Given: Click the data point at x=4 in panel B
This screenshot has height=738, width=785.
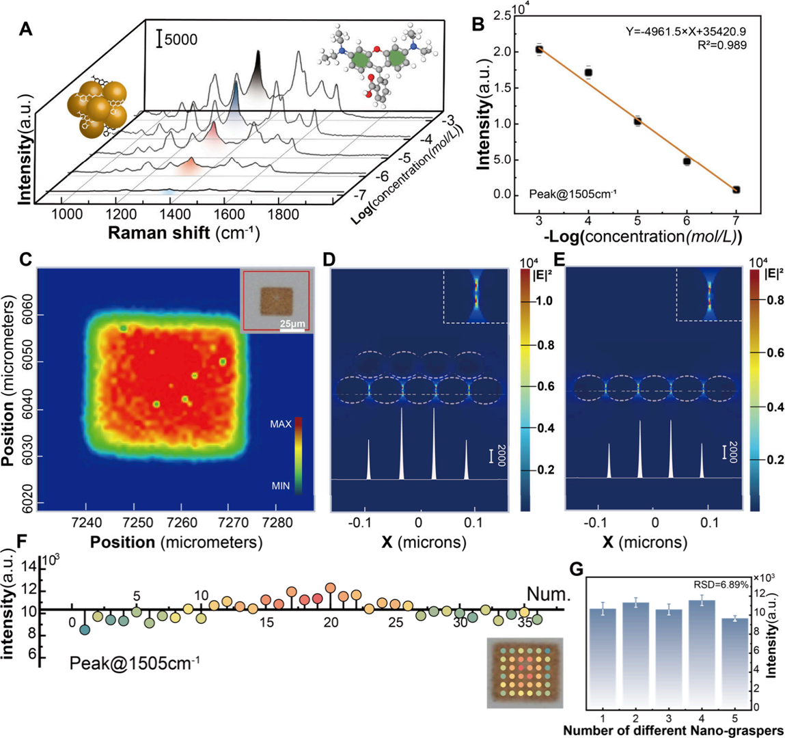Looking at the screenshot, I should [588, 72].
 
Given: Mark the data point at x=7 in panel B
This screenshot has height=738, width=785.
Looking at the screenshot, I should [736, 190].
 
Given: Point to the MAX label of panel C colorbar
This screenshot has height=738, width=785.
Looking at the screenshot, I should [280, 424].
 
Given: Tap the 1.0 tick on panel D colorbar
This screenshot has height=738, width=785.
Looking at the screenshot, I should [545, 301].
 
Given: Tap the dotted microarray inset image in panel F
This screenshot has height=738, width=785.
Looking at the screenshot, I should [525, 672].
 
